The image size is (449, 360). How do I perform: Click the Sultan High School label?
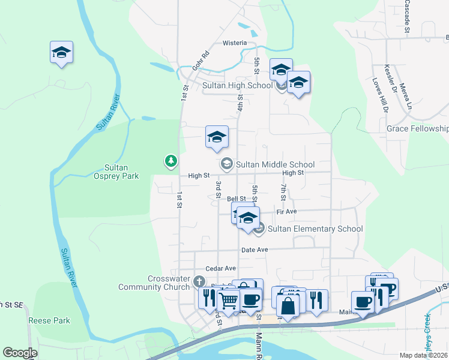coord(237,85)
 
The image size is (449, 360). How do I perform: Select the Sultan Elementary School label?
coord(315,229)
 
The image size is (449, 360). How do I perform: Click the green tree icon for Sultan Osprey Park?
coord(171,161)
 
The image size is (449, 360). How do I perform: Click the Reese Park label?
coord(49,320)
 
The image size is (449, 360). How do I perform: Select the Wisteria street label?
coord(235,43)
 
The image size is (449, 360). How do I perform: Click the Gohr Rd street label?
coord(200,61)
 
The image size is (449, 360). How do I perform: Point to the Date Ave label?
coord(254,250)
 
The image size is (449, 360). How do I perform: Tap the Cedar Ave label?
coord(221,268)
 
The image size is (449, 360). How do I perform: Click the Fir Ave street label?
coord(287,212)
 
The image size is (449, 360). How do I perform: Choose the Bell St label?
coord(236,199)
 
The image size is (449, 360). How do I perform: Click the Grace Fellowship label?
coord(417,129)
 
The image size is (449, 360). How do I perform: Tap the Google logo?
coord(20,353)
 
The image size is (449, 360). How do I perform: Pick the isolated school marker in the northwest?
coord(61,53)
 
